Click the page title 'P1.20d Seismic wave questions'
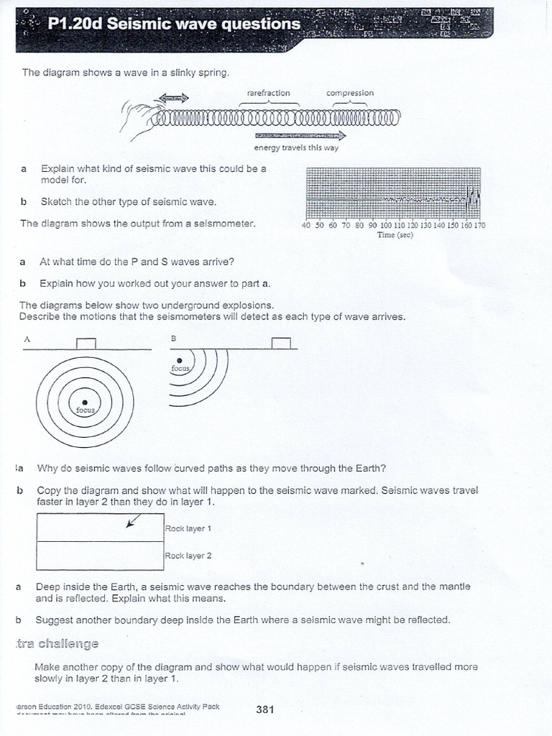coord(173,24)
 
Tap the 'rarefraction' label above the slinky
coord(268,93)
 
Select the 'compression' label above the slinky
coord(350,93)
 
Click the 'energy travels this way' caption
coord(296,148)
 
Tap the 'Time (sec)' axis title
coord(395,235)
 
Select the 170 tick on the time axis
coord(479,225)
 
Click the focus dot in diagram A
coord(85,402)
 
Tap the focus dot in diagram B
coord(179,361)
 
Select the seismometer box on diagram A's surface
coord(86,343)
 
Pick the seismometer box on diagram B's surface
coord(281,343)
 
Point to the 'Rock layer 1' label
coord(188,528)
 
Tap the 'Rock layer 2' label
coord(188,556)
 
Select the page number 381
coord(265,710)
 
